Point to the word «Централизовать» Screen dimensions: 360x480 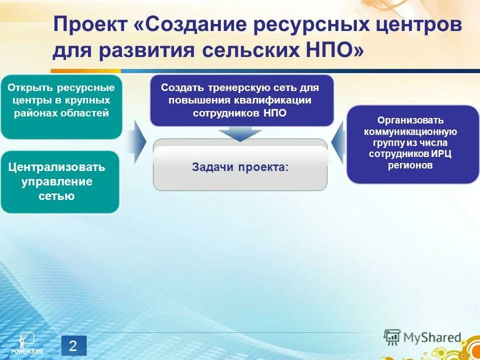pyautogui.click(x=56, y=166)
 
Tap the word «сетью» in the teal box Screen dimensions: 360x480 pyautogui.click(x=56, y=195)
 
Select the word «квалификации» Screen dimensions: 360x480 pyautogui.click(x=282, y=100)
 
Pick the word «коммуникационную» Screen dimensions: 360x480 pyautogui.click(x=410, y=131)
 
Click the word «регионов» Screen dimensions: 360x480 pyautogui.click(x=410, y=165)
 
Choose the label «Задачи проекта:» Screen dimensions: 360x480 pyautogui.click(x=240, y=167)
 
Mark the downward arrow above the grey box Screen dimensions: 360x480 pyautogui.click(x=240, y=133)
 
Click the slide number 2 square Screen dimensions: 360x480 pyautogui.click(x=73, y=346)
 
